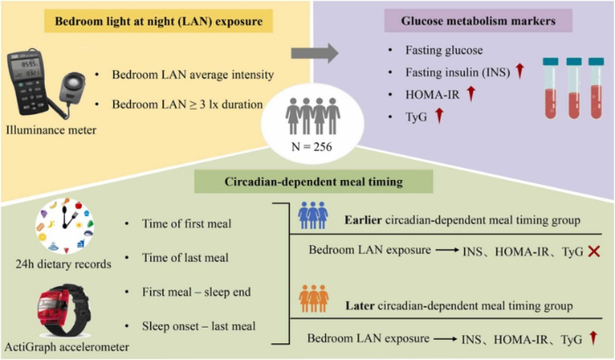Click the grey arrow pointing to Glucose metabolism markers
(x=315, y=53)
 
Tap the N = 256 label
(x=312, y=147)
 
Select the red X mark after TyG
(x=594, y=251)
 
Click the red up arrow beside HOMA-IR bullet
(x=471, y=94)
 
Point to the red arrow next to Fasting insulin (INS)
(x=520, y=71)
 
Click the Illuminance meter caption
(x=51, y=130)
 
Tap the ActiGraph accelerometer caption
(x=67, y=347)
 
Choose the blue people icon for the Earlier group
(x=313, y=215)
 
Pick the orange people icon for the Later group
(x=314, y=299)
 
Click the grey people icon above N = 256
(x=313, y=116)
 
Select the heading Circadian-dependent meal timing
(x=314, y=182)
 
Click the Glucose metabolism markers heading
(x=478, y=21)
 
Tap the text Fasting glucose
(x=444, y=50)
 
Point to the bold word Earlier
(x=363, y=220)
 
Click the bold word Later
(x=359, y=306)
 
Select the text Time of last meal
(x=185, y=257)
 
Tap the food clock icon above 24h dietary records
(x=65, y=227)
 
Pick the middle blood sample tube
(x=574, y=88)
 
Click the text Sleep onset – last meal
(x=199, y=327)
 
